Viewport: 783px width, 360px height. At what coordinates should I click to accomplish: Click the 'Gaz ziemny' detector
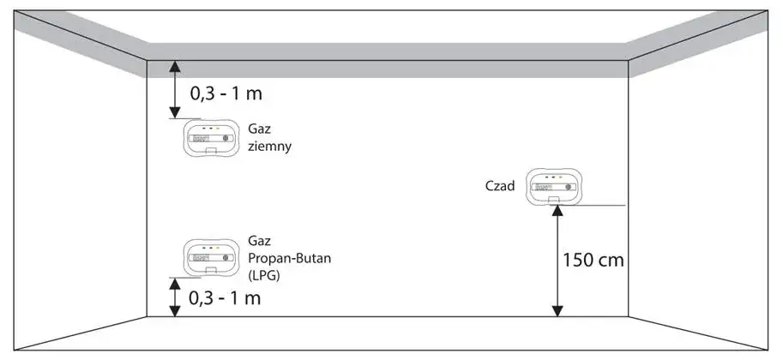pos(211,138)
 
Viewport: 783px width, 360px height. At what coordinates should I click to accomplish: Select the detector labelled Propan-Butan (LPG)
pos(211,257)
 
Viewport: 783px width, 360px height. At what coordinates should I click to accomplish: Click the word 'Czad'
pos(500,185)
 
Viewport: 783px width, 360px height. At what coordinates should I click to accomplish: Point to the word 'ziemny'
pos(269,146)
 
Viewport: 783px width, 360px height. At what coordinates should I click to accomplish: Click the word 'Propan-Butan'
pos(284,259)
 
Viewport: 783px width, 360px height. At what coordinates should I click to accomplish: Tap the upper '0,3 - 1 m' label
pos(226,91)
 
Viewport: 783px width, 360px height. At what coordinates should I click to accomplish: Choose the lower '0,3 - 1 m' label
pos(226,298)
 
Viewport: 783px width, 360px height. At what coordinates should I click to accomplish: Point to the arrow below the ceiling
pos(174,89)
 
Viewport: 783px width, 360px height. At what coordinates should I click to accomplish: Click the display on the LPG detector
pos(202,257)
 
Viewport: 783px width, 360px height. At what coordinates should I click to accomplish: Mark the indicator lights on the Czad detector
pos(554,177)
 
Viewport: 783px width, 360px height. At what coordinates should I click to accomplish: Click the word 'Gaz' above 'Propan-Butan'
pos(259,242)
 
